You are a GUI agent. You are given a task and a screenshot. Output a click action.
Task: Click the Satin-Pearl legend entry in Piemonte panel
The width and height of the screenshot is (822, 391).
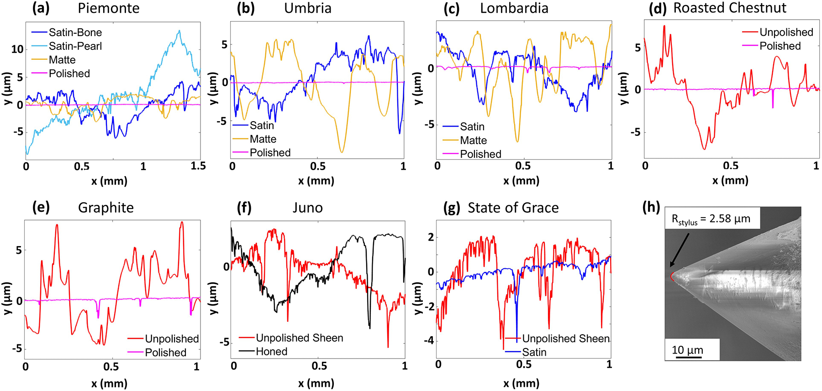pos(75,46)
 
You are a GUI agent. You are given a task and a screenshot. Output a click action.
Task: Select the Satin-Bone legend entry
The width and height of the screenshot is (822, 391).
pos(75,32)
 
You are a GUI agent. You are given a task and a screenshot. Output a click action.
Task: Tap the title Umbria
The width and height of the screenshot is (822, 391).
pos(308,8)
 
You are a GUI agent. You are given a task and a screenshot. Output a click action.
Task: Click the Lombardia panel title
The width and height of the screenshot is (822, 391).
pos(514,8)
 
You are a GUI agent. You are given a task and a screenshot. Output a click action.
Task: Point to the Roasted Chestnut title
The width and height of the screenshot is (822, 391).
pos(730,8)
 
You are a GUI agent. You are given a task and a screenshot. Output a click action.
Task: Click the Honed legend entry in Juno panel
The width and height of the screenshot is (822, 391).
pos(272,352)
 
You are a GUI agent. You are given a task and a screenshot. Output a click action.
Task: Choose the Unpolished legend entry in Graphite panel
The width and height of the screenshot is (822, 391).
pos(172,339)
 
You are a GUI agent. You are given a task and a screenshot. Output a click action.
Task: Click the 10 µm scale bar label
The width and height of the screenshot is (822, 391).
pos(687,350)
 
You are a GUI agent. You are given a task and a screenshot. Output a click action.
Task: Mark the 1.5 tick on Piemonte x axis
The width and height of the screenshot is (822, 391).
pos(198,166)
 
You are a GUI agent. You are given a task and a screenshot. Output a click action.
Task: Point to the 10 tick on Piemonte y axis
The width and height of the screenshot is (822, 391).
pos(17,49)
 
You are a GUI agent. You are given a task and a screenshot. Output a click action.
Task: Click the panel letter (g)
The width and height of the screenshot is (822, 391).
pos(452,208)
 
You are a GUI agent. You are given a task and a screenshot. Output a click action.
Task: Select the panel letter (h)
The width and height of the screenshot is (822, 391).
pos(651,207)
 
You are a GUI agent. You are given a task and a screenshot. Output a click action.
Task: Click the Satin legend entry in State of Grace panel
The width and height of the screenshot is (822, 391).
pos(534,352)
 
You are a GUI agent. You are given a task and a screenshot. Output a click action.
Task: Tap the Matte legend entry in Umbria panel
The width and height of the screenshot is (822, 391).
pos(263,139)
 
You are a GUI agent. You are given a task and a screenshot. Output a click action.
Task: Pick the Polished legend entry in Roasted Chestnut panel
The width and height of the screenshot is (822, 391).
pos(780,46)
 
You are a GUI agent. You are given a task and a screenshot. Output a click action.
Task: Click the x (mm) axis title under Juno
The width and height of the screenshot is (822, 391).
pos(316,383)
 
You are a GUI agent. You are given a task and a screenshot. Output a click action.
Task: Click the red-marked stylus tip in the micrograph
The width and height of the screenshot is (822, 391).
pos(672,276)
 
